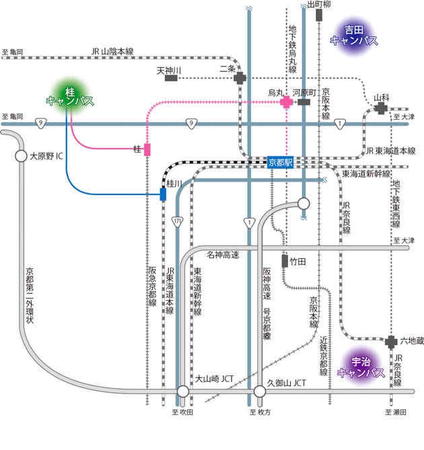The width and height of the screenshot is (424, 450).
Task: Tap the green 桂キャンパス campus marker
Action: (69, 96)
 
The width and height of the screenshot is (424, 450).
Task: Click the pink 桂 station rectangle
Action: (147, 149)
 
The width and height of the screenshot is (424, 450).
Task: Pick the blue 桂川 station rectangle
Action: (163, 194)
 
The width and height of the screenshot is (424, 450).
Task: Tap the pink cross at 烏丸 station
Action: (287, 102)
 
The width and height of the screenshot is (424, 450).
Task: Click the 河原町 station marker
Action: (304, 102)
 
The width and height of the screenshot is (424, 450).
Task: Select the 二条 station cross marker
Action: (240, 78)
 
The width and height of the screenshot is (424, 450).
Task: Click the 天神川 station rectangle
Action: (171, 78)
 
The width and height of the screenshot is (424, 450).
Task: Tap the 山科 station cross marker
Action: (382, 108)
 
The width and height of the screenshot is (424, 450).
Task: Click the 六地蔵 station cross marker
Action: (392, 342)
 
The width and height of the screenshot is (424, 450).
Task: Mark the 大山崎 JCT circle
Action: (183, 391)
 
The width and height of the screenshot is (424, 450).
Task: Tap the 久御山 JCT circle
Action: (260, 391)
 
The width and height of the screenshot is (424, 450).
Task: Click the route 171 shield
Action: (178, 221)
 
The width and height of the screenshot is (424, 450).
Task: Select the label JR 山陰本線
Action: (112, 52)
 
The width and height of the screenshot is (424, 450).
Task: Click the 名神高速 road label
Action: (223, 254)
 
